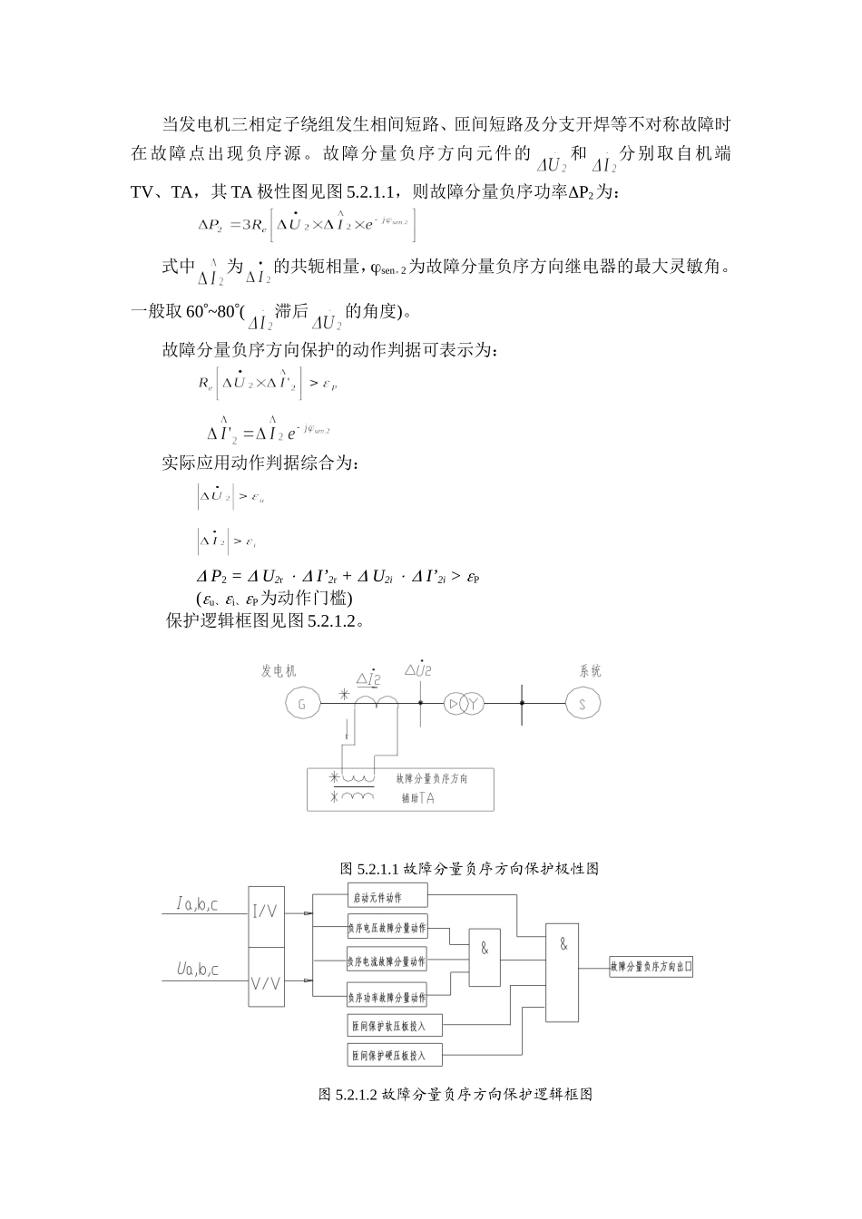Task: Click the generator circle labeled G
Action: point(302,703)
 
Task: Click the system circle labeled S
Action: point(583,703)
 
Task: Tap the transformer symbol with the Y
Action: point(465,703)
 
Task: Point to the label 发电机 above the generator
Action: point(279,672)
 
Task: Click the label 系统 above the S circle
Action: point(590,672)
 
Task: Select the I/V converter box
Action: point(266,912)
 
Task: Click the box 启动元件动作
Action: point(387,899)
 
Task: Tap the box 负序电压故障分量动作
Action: point(387,929)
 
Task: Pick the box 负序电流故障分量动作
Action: point(387,961)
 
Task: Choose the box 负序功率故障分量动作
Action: point(387,998)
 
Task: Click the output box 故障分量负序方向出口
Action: point(651,968)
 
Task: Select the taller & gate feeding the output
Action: point(563,970)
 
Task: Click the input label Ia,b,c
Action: point(197,904)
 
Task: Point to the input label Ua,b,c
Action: point(197,970)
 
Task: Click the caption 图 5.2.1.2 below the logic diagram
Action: point(455,1095)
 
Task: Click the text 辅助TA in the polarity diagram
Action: point(417,798)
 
